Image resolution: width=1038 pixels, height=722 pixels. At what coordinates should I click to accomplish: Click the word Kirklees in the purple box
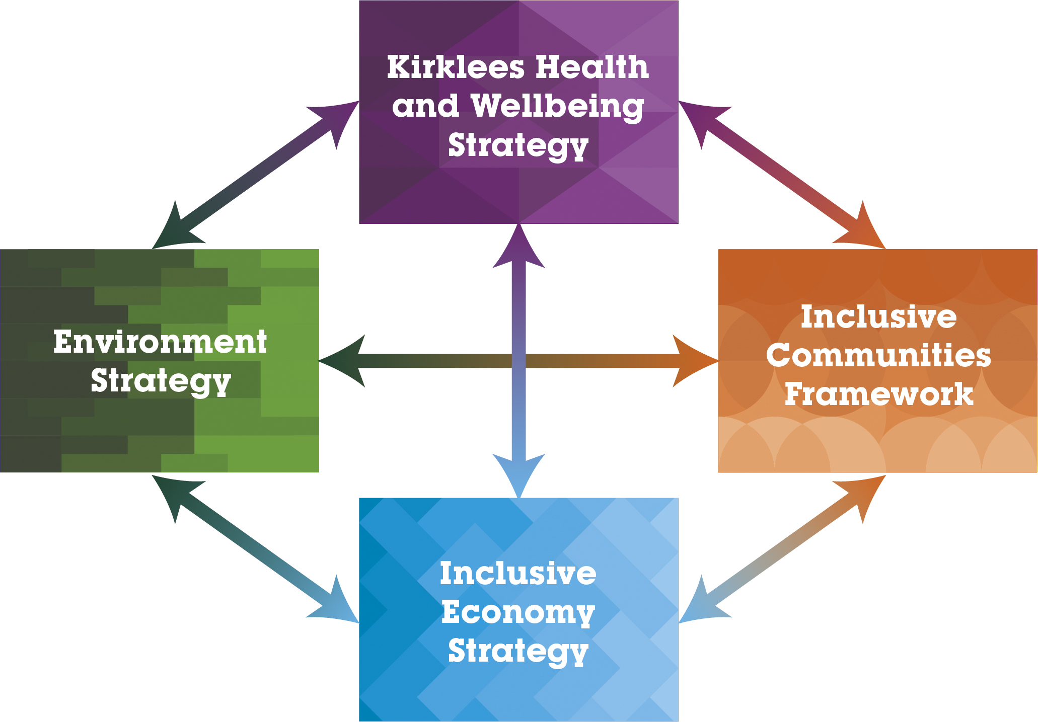point(456,67)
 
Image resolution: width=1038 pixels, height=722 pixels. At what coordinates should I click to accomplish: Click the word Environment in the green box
point(160,342)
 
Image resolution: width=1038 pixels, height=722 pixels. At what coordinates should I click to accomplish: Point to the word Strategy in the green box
point(160,381)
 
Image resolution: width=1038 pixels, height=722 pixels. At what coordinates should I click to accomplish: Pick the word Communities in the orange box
point(878,356)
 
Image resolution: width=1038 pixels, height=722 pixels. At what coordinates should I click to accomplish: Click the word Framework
point(878,394)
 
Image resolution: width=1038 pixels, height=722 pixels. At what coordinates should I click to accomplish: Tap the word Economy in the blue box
point(518,612)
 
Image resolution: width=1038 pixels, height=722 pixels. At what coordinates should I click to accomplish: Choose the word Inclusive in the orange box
point(878,317)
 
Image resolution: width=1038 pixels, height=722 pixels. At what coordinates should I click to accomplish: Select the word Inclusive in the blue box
point(518,574)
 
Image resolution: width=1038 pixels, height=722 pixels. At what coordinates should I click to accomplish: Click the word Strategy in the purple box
point(518,146)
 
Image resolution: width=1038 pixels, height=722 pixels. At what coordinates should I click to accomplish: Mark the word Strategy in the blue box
point(518,651)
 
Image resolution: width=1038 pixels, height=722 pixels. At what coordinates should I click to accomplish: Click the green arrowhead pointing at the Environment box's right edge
point(345,361)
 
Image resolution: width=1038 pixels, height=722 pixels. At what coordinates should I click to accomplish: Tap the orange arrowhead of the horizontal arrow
point(692,361)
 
